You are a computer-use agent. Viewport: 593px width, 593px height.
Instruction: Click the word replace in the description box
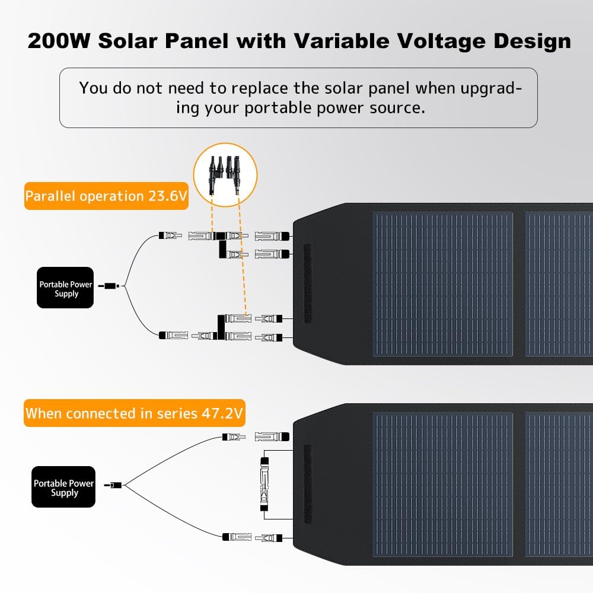[x=259, y=88]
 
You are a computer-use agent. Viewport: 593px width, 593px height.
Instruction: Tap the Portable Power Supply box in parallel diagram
[x=65, y=288]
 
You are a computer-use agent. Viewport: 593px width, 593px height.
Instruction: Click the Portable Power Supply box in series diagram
[x=63, y=487]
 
